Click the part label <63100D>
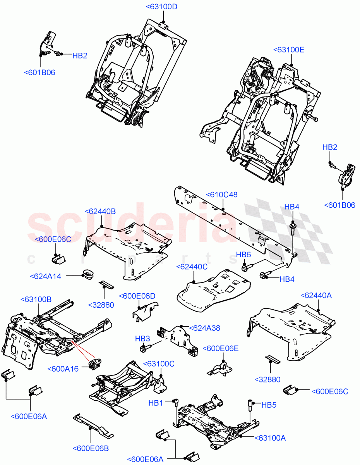coord(161,7)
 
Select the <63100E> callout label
coord(289,50)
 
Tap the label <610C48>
coord(222,195)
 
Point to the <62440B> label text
coord(100,211)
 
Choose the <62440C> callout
coord(192,267)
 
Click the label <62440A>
coord(316,295)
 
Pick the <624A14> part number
coord(45,276)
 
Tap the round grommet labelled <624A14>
coord(88,274)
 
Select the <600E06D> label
coord(137,296)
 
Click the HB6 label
coord(244,255)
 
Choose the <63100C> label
coord(159,364)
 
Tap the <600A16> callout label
coord(63,369)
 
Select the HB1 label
coord(156,403)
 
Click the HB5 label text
coord(269,405)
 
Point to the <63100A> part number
coord(270,438)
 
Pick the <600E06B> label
coord(91,448)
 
